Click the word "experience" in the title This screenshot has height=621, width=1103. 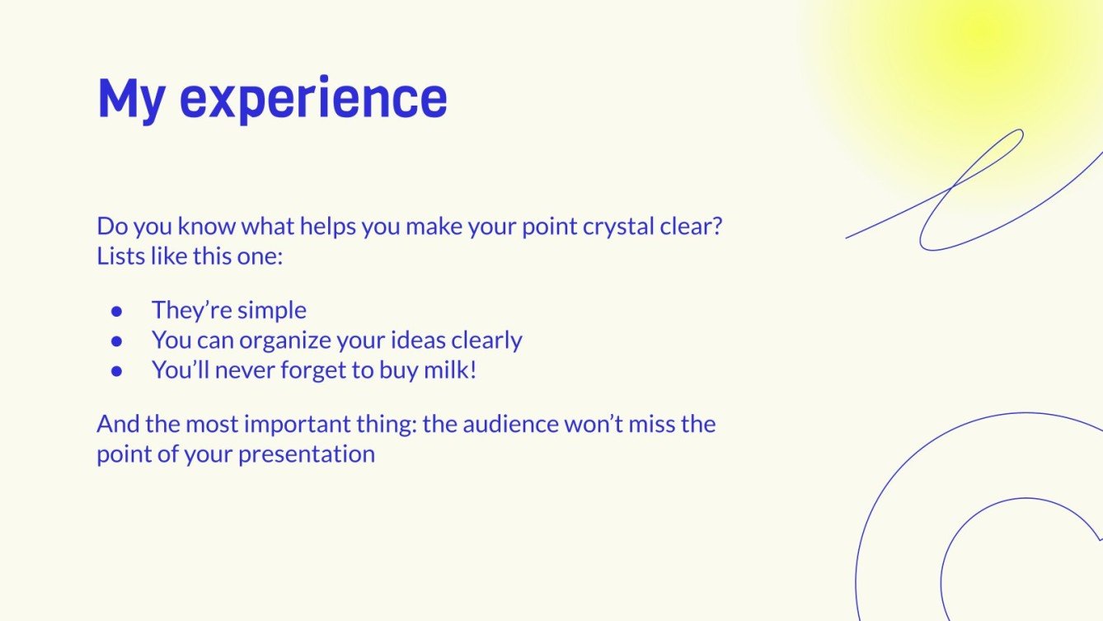pos(313,99)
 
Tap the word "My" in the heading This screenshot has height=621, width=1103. pos(131,101)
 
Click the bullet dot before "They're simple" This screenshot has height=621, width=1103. pos(117,311)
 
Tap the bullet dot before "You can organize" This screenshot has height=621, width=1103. pos(117,341)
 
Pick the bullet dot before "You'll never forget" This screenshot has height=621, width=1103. pos(117,371)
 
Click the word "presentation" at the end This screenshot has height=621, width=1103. pos(307,454)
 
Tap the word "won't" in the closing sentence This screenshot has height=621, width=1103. pos(594,424)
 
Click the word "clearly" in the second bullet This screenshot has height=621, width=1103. pos(487,341)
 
